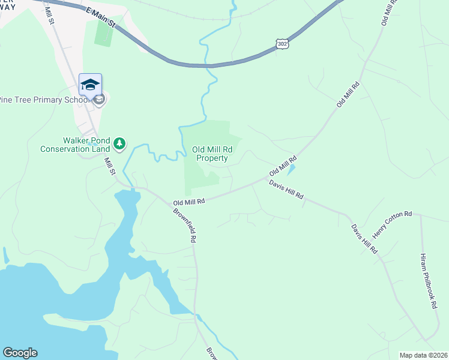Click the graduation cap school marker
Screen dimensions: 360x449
pyautogui.click(x=90, y=84)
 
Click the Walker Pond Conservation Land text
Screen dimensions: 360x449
pyautogui.click(x=75, y=145)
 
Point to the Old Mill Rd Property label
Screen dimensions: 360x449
pyautogui.click(x=210, y=154)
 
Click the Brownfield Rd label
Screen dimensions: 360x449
pyautogui.click(x=184, y=224)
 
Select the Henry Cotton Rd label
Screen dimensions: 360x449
pyautogui.click(x=392, y=223)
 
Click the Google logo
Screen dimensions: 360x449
pyautogui.click(x=20, y=353)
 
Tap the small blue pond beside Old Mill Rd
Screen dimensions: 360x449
pyautogui.click(x=291, y=170)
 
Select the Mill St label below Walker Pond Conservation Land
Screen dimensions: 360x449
pyautogui.click(x=110, y=166)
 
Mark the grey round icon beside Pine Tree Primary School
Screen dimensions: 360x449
pyautogui.click(x=100, y=99)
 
